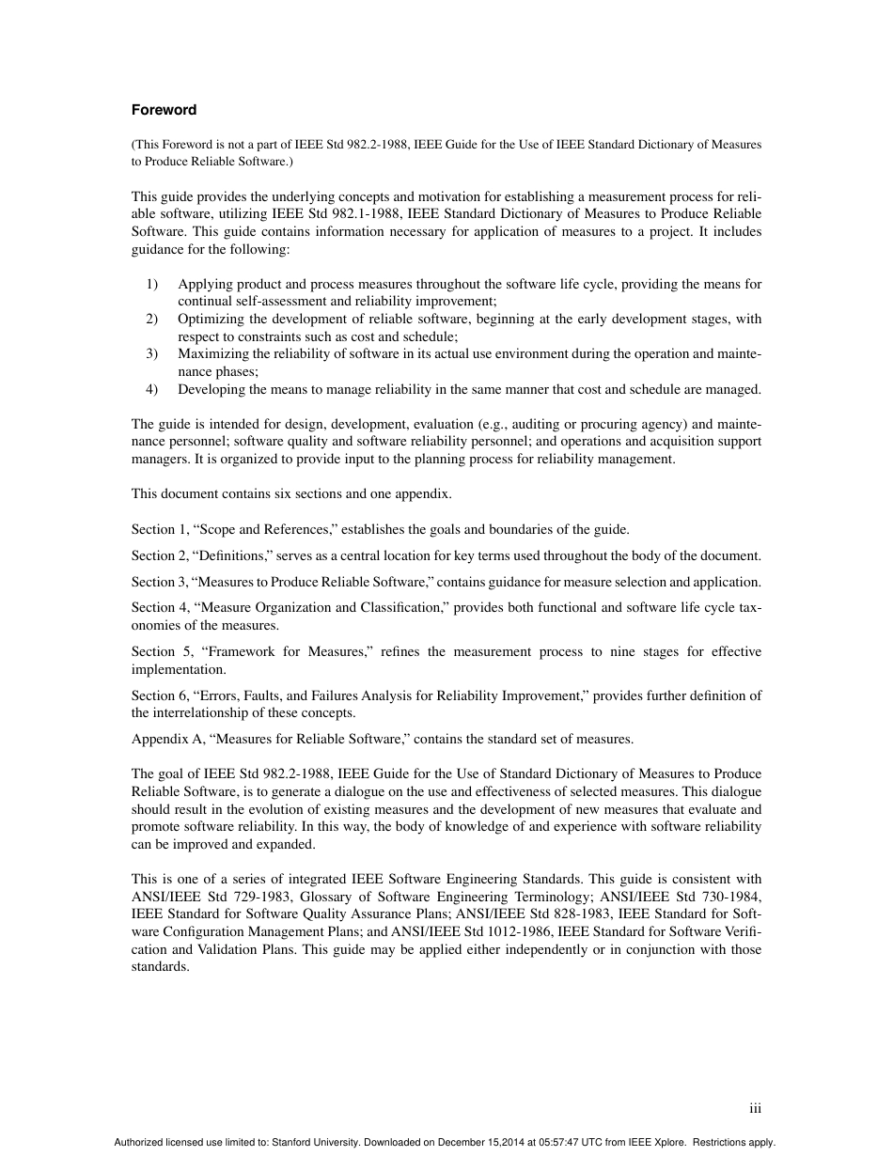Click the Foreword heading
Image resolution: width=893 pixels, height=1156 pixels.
point(164,110)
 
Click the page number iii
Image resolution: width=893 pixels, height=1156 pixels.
point(755,1109)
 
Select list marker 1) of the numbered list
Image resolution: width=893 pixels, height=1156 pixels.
point(151,284)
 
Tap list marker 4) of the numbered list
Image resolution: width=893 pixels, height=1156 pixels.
point(151,389)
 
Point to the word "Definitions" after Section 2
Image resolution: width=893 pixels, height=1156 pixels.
point(225,555)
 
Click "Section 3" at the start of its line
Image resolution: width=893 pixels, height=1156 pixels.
point(153,582)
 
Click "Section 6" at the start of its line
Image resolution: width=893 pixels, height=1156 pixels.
point(153,695)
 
